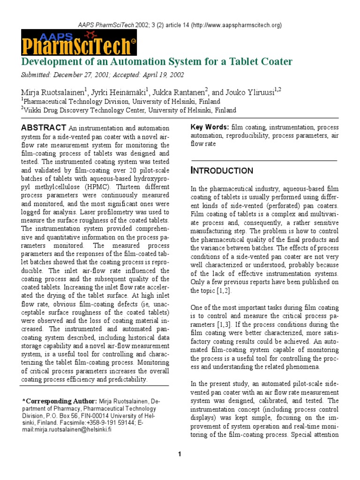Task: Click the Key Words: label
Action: click(210, 127)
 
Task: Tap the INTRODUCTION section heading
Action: click(222, 171)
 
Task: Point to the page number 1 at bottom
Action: click(180, 454)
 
